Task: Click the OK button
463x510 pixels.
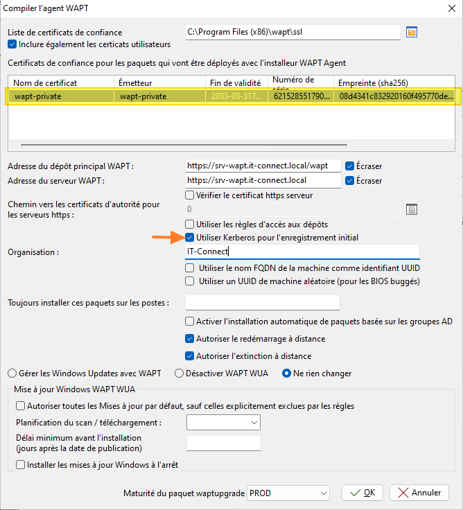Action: point(362,493)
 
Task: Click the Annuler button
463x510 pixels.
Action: point(419,493)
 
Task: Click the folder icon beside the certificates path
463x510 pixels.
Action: point(411,32)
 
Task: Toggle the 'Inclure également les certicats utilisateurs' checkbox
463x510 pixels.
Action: point(12,44)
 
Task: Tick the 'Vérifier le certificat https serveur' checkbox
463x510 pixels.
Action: point(190,195)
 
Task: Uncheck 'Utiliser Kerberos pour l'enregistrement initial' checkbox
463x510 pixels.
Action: point(190,238)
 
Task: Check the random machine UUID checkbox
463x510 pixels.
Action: point(190,281)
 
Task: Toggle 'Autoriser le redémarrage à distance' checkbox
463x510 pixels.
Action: point(190,339)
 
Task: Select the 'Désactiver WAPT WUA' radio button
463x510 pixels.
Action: point(179,373)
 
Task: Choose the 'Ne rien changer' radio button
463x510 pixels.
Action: point(286,373)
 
